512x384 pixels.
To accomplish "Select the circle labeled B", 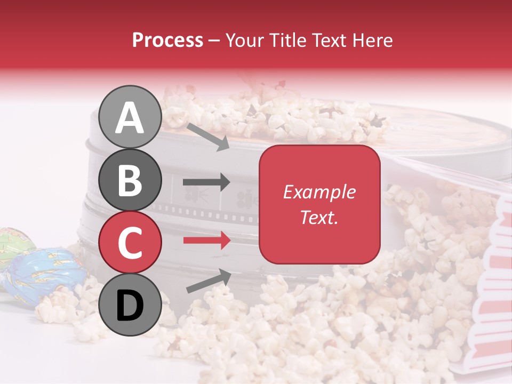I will point(130,180).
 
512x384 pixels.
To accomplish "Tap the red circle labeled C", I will point(130,242).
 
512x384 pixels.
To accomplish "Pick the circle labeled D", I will point(130,305).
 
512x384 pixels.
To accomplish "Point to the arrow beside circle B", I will point(206,182).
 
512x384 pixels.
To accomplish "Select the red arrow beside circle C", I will point(206,241).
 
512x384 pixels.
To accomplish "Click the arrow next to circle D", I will point(209,282).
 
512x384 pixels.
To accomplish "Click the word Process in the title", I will point(167,40).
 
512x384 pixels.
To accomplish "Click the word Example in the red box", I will point(319,192).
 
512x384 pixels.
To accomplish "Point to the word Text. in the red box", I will point(319,217).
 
